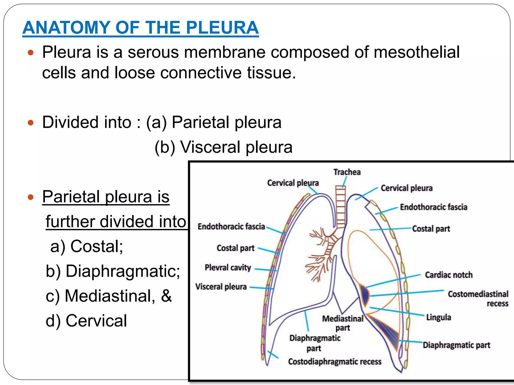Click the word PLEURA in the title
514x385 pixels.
click(x=222, y=28)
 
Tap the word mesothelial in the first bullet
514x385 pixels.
click(x=416, y=52)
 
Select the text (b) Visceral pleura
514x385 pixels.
click(x=223, y=147)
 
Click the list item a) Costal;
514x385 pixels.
click(x=87, y=246)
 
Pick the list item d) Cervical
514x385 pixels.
click(x=86, y=321)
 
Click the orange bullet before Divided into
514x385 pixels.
click(x=31, y=123)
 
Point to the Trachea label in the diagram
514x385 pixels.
click(x=347, y=172)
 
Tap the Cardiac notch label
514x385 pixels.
click(x=448, y=275)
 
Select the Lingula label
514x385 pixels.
click(x=438, y=317)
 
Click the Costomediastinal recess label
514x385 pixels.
click(x=478, y=298)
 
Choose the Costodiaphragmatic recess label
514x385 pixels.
click(x=335, y=362)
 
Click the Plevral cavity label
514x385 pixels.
click(x=228, y=267)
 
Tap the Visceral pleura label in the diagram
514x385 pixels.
click(x=221, y=286)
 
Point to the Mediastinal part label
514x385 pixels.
click(x=343, y=323)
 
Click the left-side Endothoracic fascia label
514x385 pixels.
click(x=231, y=227)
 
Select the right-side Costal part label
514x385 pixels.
click(x=431, y=229)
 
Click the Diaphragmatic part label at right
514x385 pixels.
click(x=456, y=345)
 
